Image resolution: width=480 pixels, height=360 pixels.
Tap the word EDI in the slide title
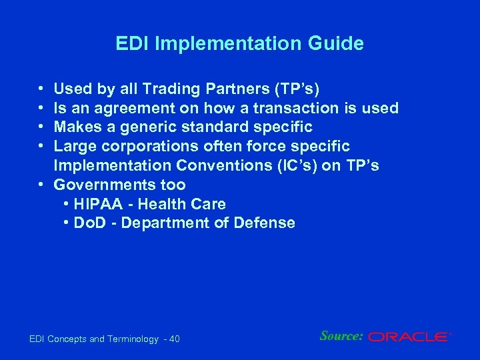131,44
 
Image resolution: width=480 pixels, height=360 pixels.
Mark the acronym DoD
89,223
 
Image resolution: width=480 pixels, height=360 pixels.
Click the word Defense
265,223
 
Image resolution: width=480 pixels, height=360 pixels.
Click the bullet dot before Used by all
41,88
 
